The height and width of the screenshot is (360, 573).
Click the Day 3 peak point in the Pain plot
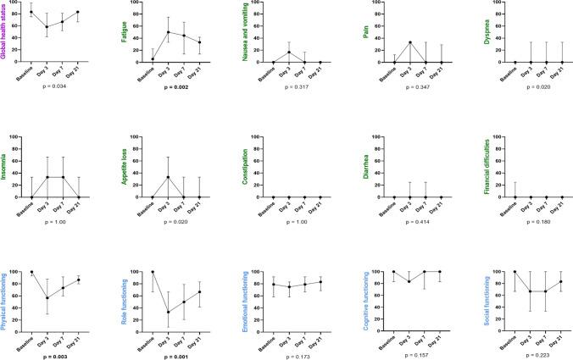410,42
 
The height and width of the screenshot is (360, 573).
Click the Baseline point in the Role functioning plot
153,272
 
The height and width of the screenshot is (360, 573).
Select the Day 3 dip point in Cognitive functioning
410,282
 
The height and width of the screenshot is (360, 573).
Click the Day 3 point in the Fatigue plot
168,32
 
